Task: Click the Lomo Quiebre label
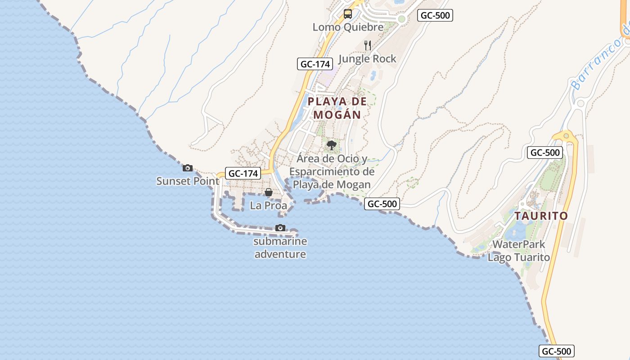348,27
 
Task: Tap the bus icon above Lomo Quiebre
348,14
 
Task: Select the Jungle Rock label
367,58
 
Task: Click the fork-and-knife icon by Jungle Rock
368,45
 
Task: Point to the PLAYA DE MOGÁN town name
337,108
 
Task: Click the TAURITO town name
541,216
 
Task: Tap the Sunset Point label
188,181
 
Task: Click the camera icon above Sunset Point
188,168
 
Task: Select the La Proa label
268,206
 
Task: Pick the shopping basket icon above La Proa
269,193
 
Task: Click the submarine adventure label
280,247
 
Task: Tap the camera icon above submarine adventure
280,228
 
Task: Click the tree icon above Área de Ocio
332,145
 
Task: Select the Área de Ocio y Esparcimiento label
332,171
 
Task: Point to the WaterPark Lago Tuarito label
519,251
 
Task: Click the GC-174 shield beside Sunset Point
243,173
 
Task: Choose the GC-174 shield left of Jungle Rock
315,64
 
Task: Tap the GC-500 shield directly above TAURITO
545,153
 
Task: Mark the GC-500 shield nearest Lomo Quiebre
435,15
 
